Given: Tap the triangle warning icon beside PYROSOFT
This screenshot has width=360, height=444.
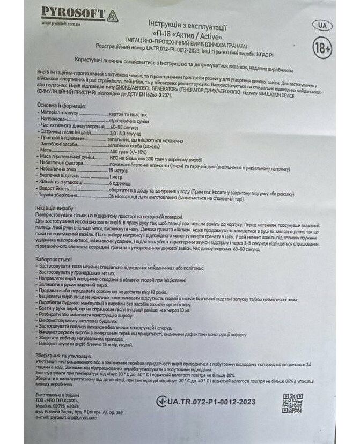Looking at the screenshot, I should coord(111,15).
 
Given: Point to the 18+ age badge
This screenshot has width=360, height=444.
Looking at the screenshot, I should coord(321,48).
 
